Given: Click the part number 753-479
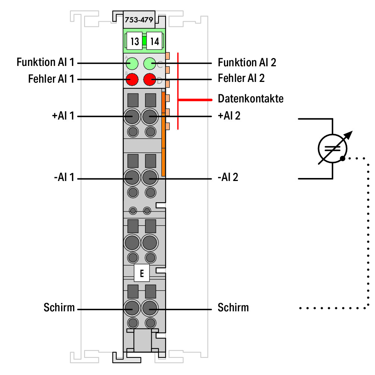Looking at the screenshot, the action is [x=139, y=20].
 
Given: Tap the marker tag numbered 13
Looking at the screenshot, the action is [x=134, y=41].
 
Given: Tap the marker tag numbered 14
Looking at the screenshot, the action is [x=154, y=41].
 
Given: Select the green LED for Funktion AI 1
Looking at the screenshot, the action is [x=132, y=64].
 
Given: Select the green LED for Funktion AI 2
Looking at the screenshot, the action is [x=150, y=64].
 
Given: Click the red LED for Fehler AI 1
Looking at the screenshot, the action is [x=132, y=79].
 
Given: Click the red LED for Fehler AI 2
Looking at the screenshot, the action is [x=150, y=79].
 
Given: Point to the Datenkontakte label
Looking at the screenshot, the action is [x=250, y=99].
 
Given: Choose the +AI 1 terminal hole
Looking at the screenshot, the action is [x=132, y=117].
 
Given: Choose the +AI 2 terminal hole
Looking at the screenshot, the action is [x=150, y=117].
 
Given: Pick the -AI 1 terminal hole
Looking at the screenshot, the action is [x=132, y=178].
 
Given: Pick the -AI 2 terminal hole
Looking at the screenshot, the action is [x=150, y=178].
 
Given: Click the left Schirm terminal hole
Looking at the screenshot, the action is [x=132, y=308].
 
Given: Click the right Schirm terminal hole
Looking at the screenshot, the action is [x=150, y=308].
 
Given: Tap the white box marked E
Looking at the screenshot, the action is [x=142, y=273].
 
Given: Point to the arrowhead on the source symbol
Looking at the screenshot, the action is [x=349, y=135].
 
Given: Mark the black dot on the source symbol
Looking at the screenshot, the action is [x=343, y=158].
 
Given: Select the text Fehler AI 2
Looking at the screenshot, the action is [x=241, y=78].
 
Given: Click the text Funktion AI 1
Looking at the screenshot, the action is [x=45, y=62].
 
